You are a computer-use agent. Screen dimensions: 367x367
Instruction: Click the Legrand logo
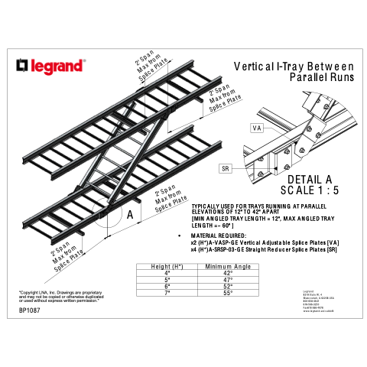(52, 67)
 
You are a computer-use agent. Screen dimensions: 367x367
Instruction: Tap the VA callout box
(256, 128)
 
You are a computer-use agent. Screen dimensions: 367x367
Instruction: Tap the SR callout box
(226, 167)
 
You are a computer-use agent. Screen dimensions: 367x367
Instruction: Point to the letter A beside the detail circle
(129, 215)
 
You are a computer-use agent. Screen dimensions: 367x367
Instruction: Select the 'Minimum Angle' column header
(228, 266)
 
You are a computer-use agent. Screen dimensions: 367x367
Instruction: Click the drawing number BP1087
(31, 310)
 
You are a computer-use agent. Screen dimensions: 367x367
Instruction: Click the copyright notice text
(60, 296)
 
